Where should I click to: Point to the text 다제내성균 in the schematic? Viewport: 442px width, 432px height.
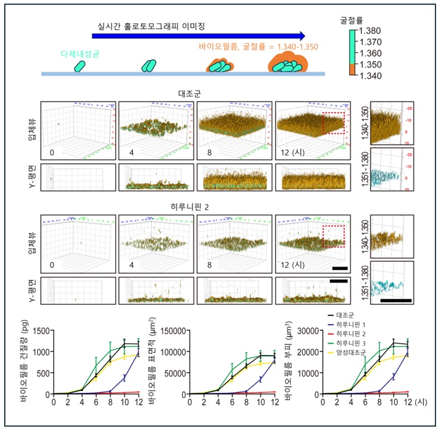pyautogui.click(x=80, y=54)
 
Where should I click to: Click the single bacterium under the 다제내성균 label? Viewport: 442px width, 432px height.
pyautogui.click(x=80, y=65)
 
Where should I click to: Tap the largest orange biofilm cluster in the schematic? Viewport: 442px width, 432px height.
pyautogui.click(x=287, y=63)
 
